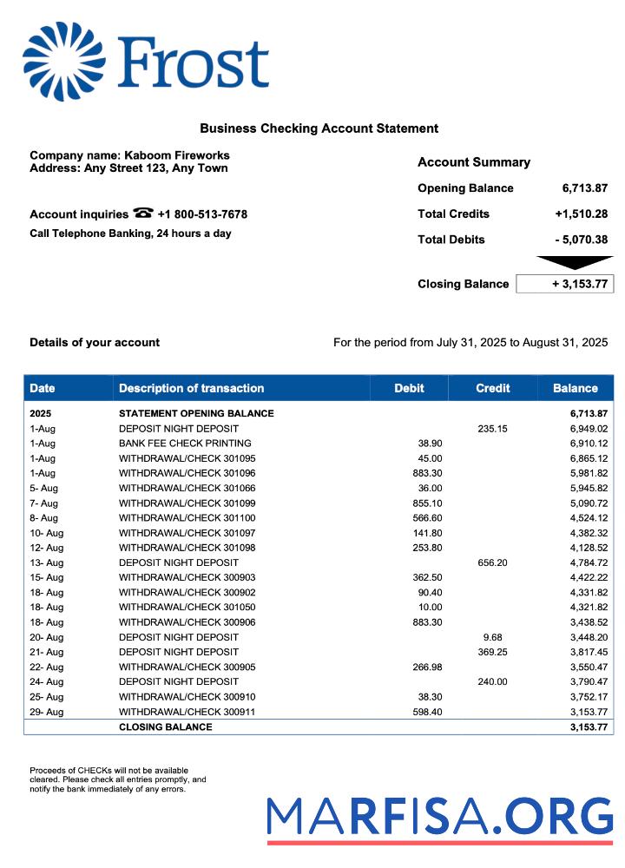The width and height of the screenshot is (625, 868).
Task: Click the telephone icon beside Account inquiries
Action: pos(143,214)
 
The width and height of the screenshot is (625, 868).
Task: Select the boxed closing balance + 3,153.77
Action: pos(565,284)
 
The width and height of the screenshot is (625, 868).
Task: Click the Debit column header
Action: pos(409,388)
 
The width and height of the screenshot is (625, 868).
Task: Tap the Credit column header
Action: pos(492,388)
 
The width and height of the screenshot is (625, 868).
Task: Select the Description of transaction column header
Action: pos(191,388)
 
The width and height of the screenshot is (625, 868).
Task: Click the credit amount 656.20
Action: pos(492,562)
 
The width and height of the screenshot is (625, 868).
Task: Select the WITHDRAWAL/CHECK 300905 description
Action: pos(187,667)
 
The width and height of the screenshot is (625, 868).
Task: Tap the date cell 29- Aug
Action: pos(47,712)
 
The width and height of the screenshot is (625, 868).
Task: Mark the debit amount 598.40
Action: pos(427,712)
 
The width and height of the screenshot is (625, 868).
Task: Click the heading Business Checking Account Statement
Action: pos(319,128)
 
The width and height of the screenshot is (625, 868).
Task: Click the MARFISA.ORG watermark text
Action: pos(439,816)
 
